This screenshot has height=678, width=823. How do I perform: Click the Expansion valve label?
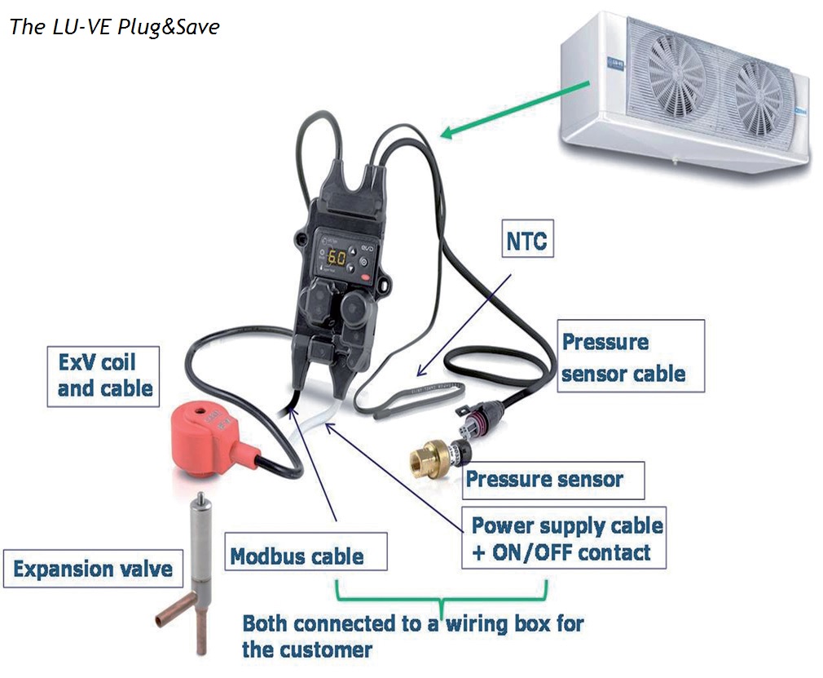(92, 568)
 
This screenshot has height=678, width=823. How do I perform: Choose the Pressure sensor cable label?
(623, 357)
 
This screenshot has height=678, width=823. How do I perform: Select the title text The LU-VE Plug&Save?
(114, 26)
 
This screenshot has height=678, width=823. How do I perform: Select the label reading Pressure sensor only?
(544, 479)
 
